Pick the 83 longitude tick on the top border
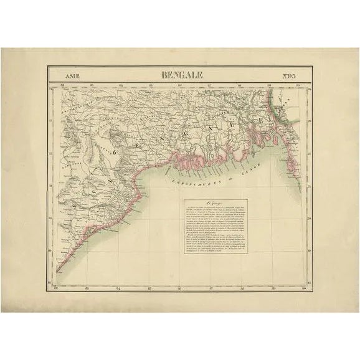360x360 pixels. pyautogui.click(x=91, y=85)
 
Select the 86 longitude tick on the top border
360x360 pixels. pyautogui.click(x=180, y=85)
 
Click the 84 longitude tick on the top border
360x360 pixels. pyautogui.click(x=121, y=85)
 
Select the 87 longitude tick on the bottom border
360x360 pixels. pyautogui.click(x=210, y=287)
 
